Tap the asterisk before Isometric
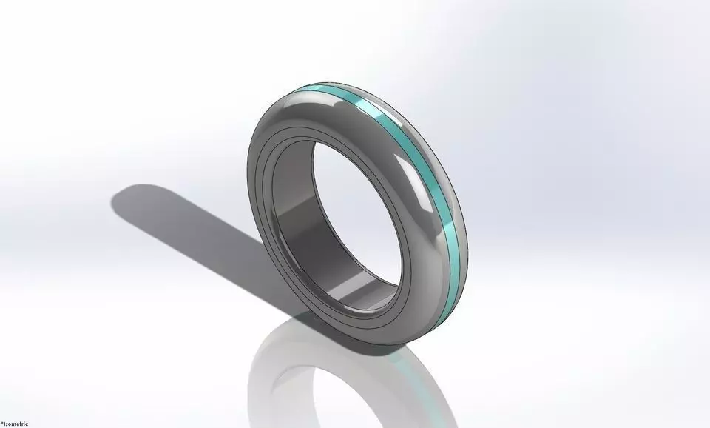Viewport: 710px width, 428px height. click(x=2, y=422)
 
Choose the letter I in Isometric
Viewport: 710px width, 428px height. click(x=5, y=423)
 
